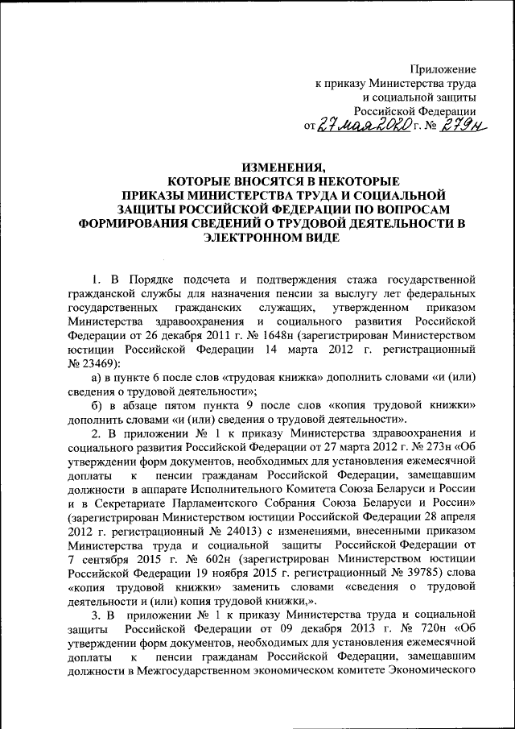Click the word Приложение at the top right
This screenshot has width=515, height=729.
click(x=445, y=70)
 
